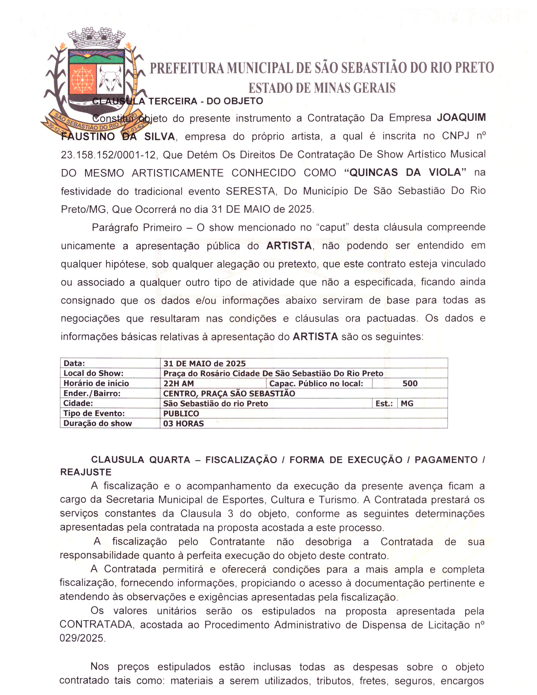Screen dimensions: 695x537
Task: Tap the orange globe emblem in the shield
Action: tap(82, 79)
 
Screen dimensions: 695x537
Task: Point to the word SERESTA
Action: tap(250, 191)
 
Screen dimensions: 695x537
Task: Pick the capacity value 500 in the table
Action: tap(410, 384)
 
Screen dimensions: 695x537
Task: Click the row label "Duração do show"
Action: tap(98, 423)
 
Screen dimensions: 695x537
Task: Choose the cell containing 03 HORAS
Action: tap(184, 424)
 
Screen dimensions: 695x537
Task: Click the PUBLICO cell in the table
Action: tap(181, 413)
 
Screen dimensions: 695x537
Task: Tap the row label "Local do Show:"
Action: tap(93, 373)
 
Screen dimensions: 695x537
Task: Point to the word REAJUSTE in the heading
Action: tap(86, 472)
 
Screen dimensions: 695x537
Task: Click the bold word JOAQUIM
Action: tap(461, 118)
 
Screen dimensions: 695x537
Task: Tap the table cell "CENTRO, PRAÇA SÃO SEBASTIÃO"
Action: tap(229, 394)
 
